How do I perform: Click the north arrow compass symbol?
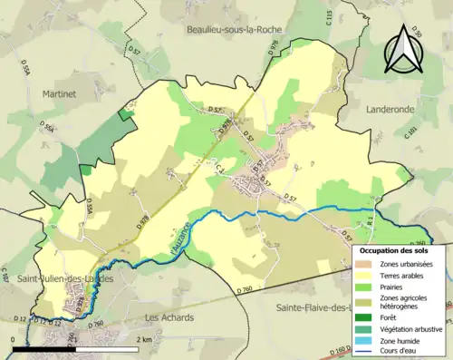(404, 48)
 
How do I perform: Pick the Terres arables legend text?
(406, 276)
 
